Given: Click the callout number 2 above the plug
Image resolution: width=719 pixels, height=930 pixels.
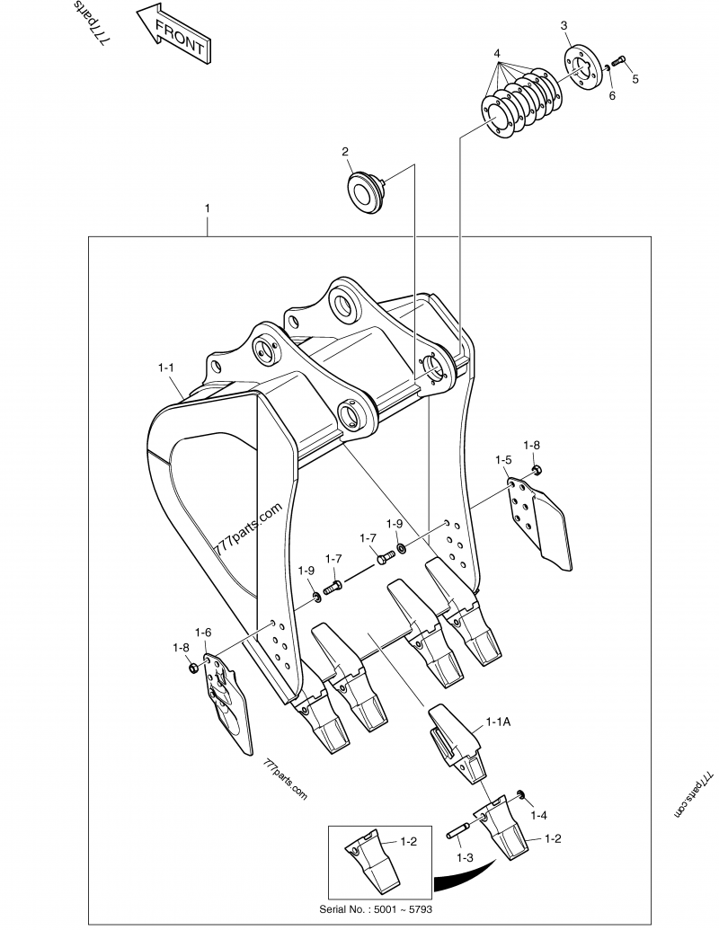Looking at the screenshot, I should click(x=344, y=151).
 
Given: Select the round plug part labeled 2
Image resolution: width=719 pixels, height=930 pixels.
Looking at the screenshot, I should click(x=366, y=192).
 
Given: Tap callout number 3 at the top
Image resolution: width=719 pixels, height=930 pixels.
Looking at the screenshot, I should click(x=564, y=26).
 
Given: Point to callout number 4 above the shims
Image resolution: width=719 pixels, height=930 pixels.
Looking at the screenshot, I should click(x=496, y=54).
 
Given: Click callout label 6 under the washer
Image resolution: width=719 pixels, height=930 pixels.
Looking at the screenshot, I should click(x=612, y=95).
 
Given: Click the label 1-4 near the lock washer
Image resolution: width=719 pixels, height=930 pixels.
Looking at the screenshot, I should click(x=538, y=815).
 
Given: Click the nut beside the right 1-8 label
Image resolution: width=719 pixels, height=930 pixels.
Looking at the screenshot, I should click(x=537, y=469).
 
